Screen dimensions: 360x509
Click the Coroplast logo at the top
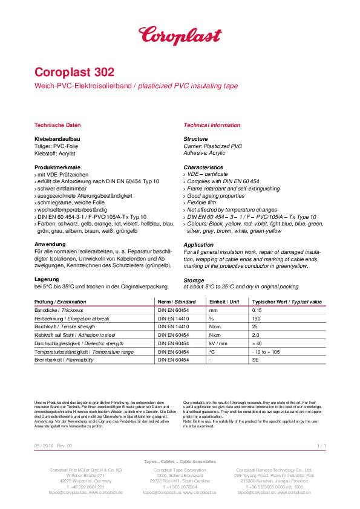point(180,34)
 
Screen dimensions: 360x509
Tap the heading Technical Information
point(211,125)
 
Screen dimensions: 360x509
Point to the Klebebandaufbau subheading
point(58,139)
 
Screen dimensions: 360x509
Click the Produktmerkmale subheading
point(58,167)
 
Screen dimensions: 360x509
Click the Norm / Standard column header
point(177,302)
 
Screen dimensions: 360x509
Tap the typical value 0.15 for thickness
point(257,310)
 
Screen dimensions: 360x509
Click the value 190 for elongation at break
point(256,318)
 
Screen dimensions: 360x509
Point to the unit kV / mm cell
point(218,343)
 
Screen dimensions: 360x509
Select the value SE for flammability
point(255,360)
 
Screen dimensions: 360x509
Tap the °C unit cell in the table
point(212,351)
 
